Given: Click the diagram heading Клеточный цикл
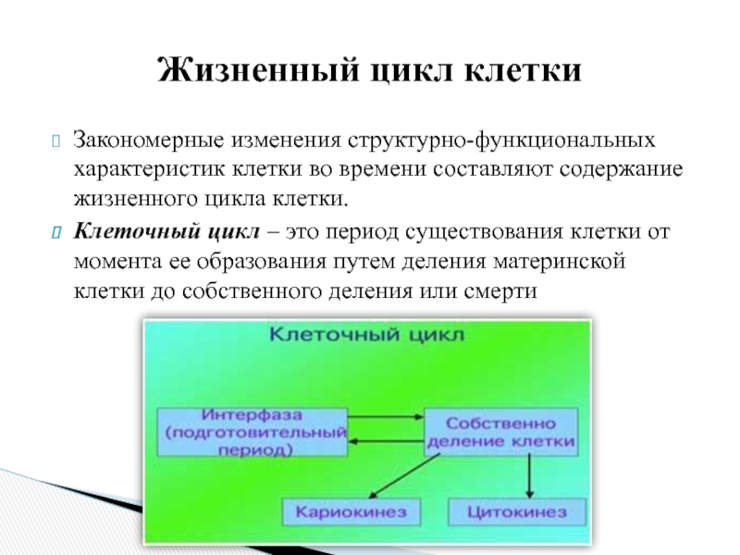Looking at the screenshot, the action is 364,336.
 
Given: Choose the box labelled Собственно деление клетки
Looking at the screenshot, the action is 499,429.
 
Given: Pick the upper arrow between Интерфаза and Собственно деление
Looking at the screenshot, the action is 386,417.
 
